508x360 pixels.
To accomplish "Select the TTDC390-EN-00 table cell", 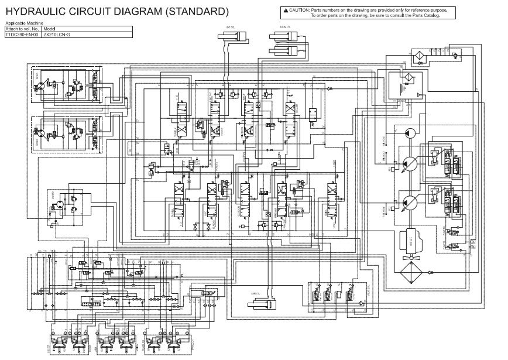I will pyautogui.click(x=21, y=35).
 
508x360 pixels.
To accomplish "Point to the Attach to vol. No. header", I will pyautogui.click(x=22, y=29).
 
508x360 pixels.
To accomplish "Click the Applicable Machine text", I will pyautogui.click(x=21, y=23).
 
